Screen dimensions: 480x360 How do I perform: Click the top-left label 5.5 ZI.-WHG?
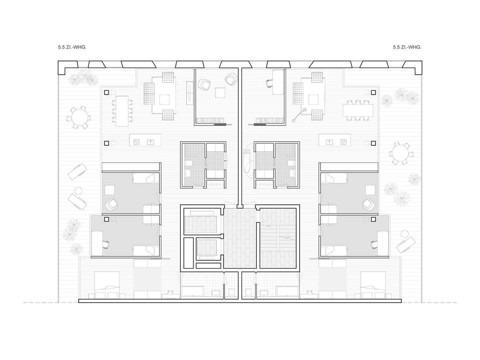[x=72, y=47]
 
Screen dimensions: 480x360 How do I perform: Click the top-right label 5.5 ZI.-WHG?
[x=407, y=47]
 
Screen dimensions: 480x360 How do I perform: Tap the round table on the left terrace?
[x=79, y=117]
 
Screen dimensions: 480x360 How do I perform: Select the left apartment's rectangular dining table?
[x=122, y=111]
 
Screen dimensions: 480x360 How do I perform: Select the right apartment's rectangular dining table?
[x=358, y=111]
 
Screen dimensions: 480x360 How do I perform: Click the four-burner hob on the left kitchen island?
[x=136, y=142]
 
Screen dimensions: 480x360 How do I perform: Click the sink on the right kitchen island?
[x=329, y=142]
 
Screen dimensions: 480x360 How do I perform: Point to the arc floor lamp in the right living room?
[x=299, y=115]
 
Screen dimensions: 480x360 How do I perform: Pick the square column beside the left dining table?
[x=106, y=92]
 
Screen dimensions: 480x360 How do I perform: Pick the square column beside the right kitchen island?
[x=373, y=143]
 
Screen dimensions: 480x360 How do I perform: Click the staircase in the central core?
[x=278, y=238]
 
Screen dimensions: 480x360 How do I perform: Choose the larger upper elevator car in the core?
[x=201, y=224]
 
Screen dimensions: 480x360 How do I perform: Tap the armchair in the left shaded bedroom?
[x=112, y=205]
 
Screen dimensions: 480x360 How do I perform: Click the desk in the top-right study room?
[x=278, y=82]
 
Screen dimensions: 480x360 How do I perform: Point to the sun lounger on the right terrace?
[x=406, y=245]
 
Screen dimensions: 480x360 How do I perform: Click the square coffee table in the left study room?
[x=220, y=93]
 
